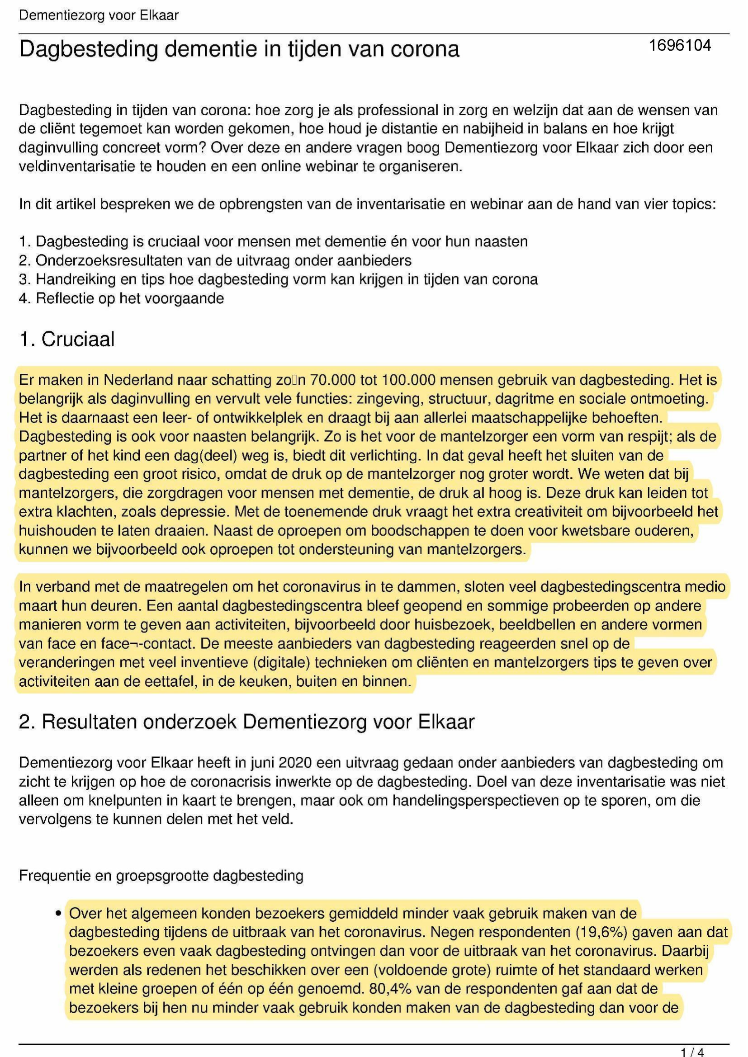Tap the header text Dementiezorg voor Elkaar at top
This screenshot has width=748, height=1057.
click(x=99, y=16)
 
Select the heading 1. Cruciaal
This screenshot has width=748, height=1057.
click(x=67, y=339)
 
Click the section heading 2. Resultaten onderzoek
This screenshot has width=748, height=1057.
click(x=246, y=722)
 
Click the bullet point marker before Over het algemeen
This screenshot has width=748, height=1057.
click(x=58, y=913)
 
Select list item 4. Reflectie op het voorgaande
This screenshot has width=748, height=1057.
click(x=121, y=298)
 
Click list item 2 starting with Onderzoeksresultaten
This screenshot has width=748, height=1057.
click(x=215, y=260)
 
